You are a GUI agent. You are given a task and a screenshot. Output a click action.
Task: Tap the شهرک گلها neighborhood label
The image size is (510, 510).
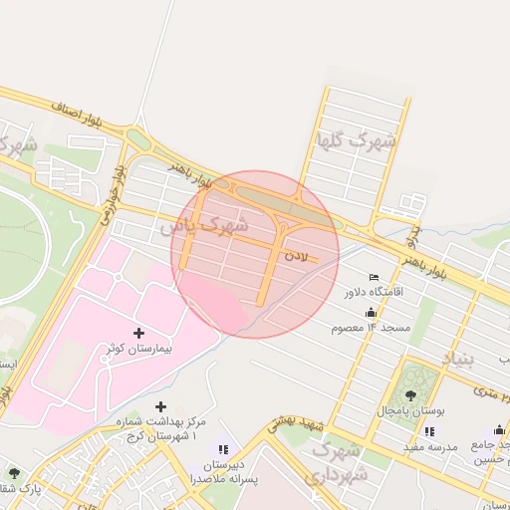(x=356, y=140)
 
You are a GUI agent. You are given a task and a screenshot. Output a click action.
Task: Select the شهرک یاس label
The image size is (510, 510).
(x=204, y=226)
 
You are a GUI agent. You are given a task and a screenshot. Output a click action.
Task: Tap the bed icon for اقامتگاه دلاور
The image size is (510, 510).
(x=374, y=277)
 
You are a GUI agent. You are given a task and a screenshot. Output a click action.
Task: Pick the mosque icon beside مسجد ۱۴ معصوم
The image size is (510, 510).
(x=372, y=312)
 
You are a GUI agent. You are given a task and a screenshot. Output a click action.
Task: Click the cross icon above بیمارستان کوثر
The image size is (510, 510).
(x=137, y=333)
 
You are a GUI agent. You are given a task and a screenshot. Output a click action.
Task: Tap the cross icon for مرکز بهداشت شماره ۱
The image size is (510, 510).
(x=161, y=406)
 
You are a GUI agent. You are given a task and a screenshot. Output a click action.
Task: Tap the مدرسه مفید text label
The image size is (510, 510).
(x=429, y=447)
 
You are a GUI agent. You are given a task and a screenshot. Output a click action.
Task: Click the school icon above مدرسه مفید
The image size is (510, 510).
(x=429, y=431)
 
